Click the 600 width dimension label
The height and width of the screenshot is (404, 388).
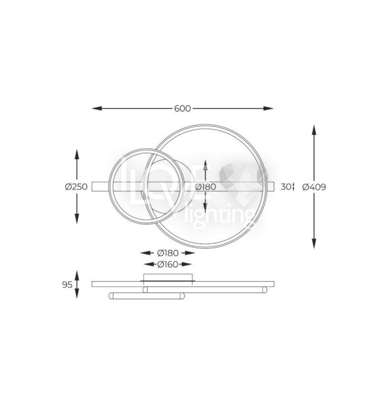coord(182,109)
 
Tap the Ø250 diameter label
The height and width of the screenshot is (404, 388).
coord(76,187)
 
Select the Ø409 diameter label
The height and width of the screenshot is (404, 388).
coord(314,187)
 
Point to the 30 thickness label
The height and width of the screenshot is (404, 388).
coord(286,187)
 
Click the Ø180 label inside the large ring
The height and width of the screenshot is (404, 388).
coord(205,187)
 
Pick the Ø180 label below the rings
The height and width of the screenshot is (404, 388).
coord(168,253)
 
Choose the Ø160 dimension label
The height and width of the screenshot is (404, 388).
coord(168,264)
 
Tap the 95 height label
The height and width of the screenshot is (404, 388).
coord(67,285)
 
